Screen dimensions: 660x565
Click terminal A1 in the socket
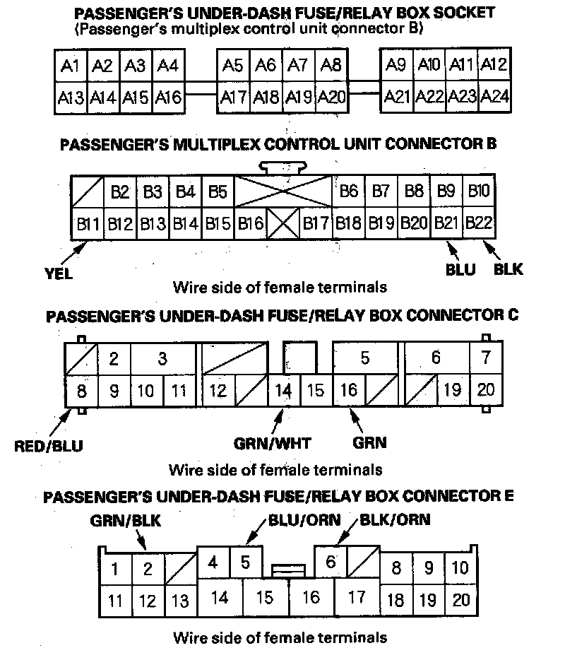pos(70,66)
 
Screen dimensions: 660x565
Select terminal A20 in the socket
pos(331,97)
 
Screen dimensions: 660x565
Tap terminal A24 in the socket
pos(495,97)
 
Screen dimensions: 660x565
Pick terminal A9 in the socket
pos(396,66)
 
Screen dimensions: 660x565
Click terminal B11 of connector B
pos(88,224)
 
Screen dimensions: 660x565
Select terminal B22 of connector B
pos(479,224)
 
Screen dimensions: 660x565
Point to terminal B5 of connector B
pos(218,191)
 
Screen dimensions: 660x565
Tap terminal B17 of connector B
pos(316,224)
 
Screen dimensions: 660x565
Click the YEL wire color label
pos(59,274)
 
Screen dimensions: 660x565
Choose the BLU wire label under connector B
pos(461,269)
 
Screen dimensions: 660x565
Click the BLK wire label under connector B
pos(509,269)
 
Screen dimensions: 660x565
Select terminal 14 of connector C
pos(283,390)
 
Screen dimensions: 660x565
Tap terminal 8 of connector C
pos(81,390)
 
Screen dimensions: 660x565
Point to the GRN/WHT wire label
pos(273,444)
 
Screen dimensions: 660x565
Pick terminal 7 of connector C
pos(486,358)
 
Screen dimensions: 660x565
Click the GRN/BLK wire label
pos(126,521)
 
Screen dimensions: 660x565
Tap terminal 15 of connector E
pos(264,597)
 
